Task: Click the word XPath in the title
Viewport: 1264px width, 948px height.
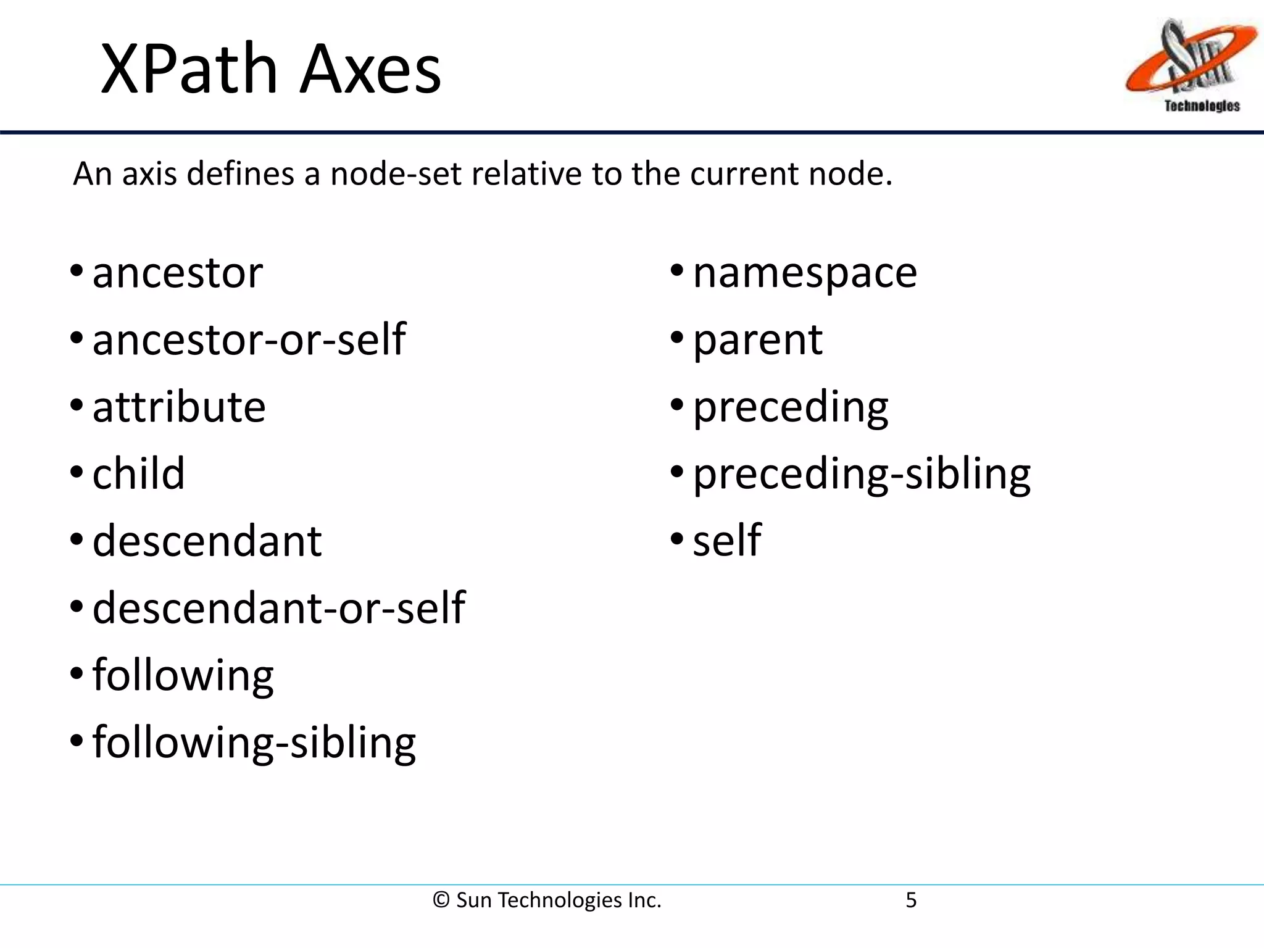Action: (188, 69)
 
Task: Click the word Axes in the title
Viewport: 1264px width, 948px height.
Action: (370, 69)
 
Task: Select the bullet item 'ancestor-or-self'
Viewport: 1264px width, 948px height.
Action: (249, 339)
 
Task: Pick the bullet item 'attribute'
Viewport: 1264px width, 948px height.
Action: (179, 407)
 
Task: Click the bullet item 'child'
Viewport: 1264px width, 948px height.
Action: (139, 474)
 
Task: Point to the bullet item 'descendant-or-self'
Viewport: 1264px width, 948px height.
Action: (278, 608)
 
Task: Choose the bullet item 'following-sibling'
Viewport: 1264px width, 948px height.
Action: (254, 742)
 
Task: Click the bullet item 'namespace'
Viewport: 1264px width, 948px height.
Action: (805, 273)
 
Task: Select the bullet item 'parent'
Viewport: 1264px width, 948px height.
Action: (757, 340)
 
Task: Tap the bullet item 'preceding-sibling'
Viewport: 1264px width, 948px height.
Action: (862, 474)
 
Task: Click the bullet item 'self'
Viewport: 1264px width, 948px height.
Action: (726, 541)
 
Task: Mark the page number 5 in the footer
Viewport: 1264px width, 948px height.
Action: (911, 900)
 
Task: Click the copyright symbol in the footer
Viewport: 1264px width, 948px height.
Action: (441, 900)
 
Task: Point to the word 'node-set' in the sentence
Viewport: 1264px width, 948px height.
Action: (396, 174)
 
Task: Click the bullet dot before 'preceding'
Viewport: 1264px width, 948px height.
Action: (677, 405)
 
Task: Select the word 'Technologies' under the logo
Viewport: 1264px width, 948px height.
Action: (1202, 106)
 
